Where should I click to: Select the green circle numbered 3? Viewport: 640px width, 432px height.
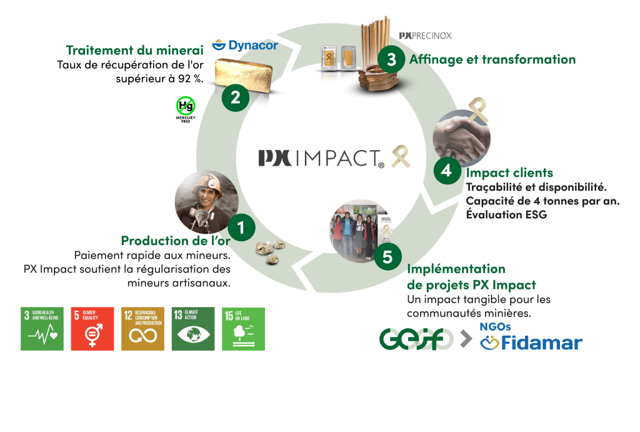[x=391, y=60]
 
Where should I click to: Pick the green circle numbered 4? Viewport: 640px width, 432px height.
[x=446, y=170]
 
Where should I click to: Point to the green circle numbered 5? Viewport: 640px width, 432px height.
[x=388, y=256]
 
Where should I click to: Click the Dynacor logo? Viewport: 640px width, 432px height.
[x=245, y=45]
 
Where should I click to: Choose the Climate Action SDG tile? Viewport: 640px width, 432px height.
[x=193, y=328]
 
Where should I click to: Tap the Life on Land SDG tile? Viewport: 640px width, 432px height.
[x=244, y=328]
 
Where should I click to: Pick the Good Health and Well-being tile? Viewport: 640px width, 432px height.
[x=42, y=328]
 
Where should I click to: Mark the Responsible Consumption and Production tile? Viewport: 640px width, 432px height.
[x=143, y=328]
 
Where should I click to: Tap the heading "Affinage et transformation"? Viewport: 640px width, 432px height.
[x=492, y=60]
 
